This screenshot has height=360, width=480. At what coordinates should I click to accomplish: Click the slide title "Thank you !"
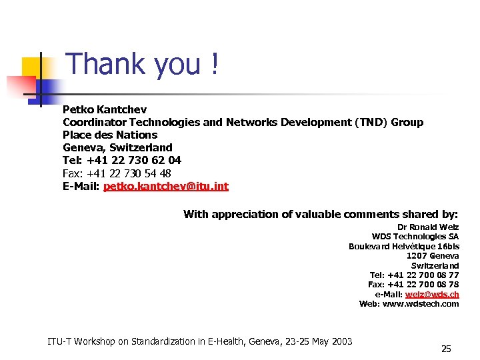tap(143, 65)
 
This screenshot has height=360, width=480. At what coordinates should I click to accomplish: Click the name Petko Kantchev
tap(105, 109)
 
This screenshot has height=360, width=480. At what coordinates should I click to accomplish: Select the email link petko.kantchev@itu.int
tap(165, 186)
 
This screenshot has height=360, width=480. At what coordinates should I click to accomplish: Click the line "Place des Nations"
tap(109, 135)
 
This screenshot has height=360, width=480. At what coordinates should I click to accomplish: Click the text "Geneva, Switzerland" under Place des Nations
tap(117, 147)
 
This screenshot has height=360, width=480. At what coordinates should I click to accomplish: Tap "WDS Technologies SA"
tap(415, 237)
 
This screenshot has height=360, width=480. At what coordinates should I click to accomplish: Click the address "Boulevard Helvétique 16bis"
tap(404, 246)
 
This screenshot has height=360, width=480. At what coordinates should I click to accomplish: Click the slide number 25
tap(446, 349)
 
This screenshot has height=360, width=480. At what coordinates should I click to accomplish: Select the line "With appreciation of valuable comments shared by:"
tap(321, 214)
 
